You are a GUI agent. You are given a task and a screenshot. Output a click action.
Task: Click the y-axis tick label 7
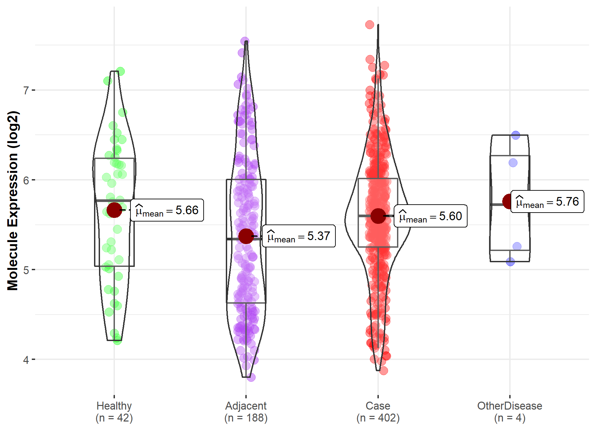click(26, 90)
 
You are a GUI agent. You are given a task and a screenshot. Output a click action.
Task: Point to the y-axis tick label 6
click(26, 180)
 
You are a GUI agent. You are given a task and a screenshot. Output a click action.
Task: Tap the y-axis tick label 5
click(26, 270)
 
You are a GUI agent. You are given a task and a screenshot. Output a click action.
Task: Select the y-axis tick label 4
click(26, 360)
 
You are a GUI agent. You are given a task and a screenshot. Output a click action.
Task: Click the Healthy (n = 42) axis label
click(114, 412)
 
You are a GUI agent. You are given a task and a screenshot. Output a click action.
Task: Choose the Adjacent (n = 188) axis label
click(246, 412)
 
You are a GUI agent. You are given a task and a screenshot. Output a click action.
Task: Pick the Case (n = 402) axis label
click(378, 412)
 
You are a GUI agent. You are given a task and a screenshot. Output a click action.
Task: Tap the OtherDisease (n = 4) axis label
click(510, 412)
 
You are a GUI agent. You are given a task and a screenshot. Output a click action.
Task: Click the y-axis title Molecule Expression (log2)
click(13, 201)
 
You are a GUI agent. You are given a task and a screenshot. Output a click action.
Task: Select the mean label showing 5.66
click(167, 210)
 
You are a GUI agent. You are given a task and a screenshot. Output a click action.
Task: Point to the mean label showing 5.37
click(299, 236)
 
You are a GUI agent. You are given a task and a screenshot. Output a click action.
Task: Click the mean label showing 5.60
click(430, 216)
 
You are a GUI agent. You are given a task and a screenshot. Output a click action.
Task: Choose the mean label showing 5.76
click(547, 202)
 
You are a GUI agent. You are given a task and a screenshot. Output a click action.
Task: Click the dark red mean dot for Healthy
click(114, 210)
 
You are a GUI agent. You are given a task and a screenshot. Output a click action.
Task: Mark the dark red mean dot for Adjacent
click(246, 236)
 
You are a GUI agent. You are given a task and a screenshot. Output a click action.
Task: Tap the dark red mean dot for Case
click(378, 216)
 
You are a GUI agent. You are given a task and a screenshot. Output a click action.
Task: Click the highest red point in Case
click(370, 25)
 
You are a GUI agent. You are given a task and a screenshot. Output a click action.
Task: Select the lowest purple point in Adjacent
click(251, 377)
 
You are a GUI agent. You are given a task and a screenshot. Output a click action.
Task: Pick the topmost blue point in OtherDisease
click(516, 135)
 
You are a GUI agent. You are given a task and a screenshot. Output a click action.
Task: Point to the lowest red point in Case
click(383, 371)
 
